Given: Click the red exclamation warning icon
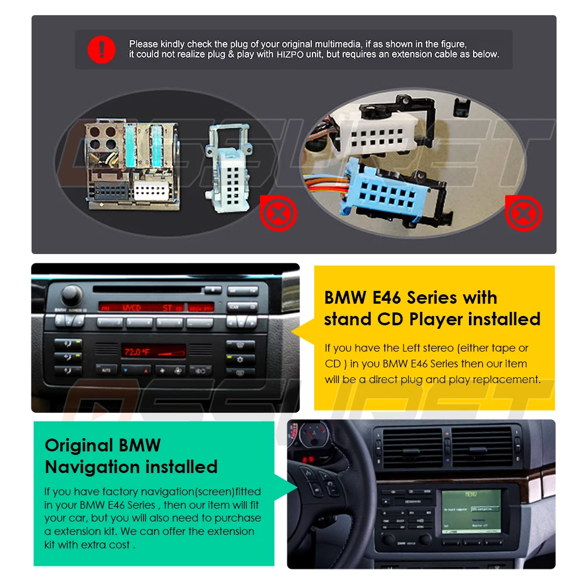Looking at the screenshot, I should click(x=102, y=50).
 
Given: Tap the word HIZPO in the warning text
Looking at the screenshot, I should click(x=289, y=54).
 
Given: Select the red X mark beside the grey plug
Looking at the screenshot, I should click(x=279, y=213).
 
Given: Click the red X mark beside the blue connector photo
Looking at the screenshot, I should click(x=523, y=213).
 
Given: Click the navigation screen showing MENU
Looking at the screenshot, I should click(x=470, y=511).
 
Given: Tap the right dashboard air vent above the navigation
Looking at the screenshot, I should click(x=482, y=449).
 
